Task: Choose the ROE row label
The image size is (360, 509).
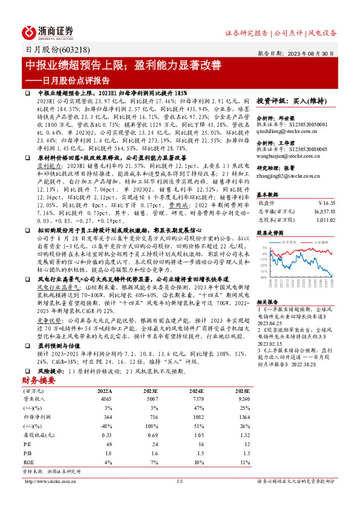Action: pyautogui.click(x=28, y=462)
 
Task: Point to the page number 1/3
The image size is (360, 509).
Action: pyautogui.click(x=180, y=481)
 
